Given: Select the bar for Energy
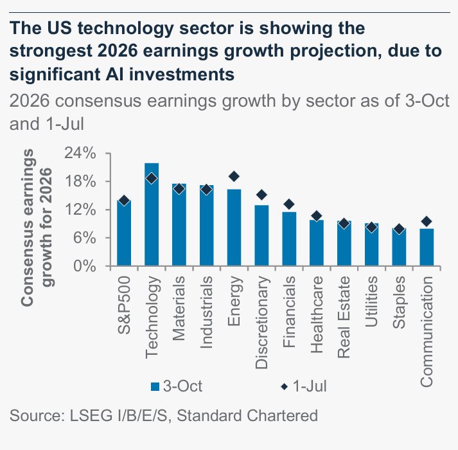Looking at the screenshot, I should (234, 228).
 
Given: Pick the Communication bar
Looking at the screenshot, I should (426, 247).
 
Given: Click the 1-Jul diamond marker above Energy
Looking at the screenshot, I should (234, 177).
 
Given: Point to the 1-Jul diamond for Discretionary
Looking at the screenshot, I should (261, 195).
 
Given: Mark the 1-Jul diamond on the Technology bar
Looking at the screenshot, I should (152, 179).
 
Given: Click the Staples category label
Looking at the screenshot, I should (399, 302).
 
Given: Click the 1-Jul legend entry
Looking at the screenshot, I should (304, 386).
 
